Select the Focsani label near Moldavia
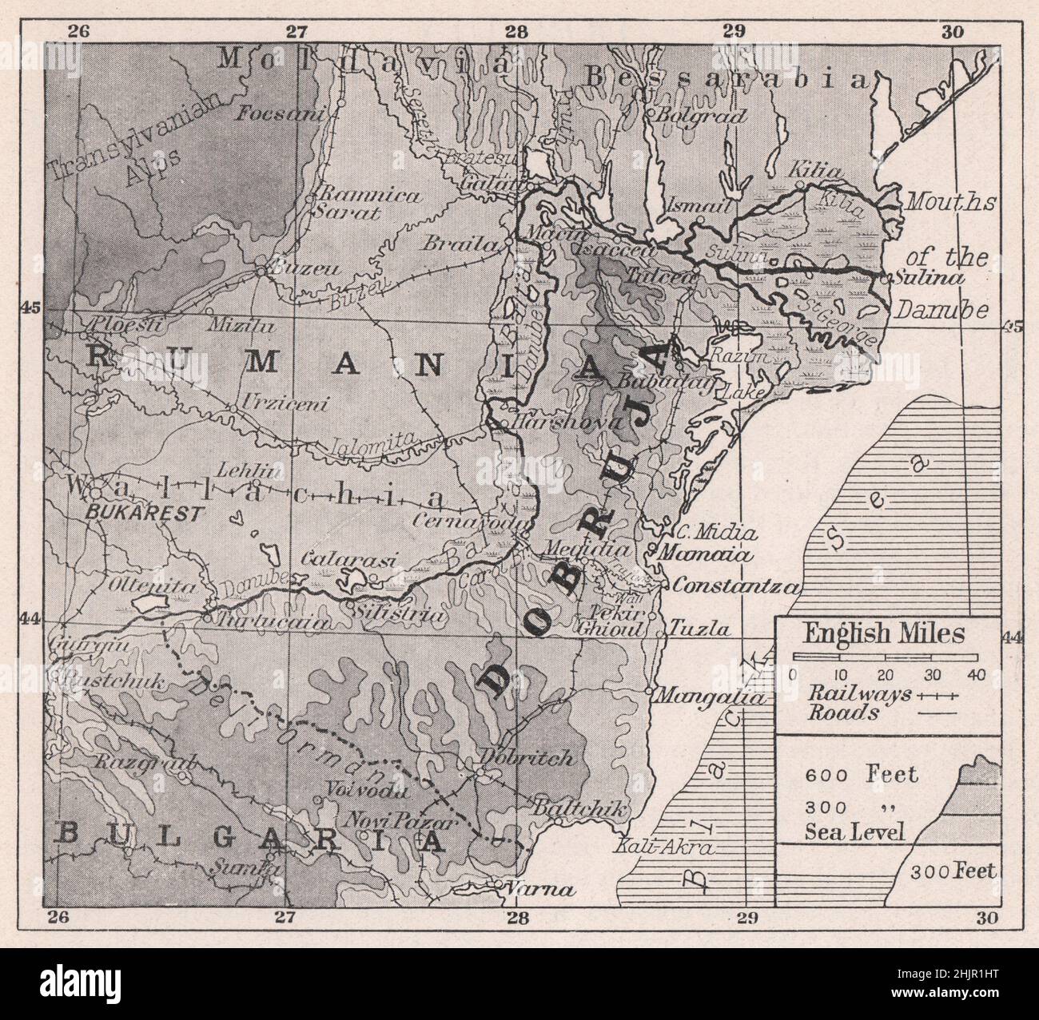tap(281, 114)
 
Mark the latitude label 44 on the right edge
tap(1011, 637)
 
